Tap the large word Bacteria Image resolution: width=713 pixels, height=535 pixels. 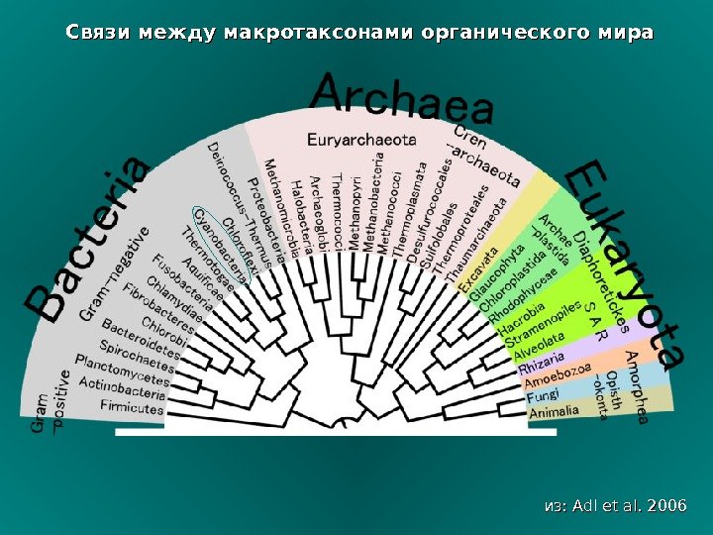tap(90, 243)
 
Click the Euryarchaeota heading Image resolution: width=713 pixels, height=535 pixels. tap(360, 140)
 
